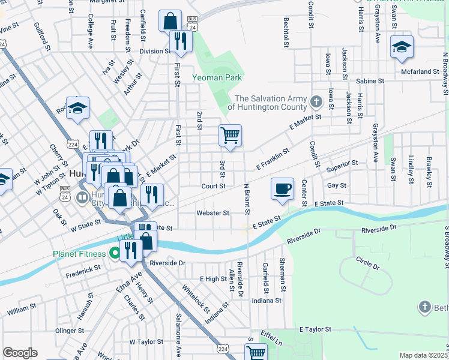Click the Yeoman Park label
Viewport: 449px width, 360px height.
click(x=217, y=77)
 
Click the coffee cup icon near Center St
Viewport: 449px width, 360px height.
click(x=282, y=188)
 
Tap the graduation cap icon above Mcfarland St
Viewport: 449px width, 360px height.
click(x=402, y=47)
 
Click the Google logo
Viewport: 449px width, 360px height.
click(x=20, y=353)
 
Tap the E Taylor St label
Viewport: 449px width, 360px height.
click(x=312, y=329)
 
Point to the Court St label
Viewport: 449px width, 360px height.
click(x=213, y=187)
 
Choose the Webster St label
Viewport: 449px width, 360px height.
click(x=213, y=213)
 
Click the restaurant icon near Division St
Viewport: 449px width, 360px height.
click(x=180, y=41)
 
